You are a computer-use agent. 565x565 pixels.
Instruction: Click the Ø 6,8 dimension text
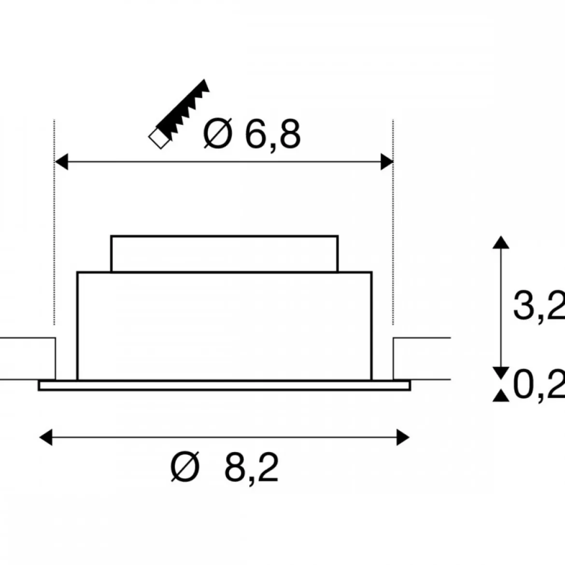[x=252, y=134]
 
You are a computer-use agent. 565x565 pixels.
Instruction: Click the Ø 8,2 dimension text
[x=225, y=467]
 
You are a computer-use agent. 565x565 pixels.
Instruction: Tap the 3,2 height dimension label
[x=539, y=305]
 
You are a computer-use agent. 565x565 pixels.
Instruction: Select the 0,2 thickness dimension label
[x=539, y=384]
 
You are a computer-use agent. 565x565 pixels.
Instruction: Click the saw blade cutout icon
[x=179, y=114]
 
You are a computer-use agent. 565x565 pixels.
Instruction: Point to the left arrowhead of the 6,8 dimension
[x=61, y=161]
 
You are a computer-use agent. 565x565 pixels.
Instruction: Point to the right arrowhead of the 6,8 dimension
[x=387, y=161]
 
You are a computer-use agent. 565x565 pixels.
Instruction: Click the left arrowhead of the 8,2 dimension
[x=46, y=438]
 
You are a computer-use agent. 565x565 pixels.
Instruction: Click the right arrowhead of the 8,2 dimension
[x=403, y=438]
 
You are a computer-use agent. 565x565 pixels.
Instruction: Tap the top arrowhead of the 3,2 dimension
[x=501, y=242]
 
